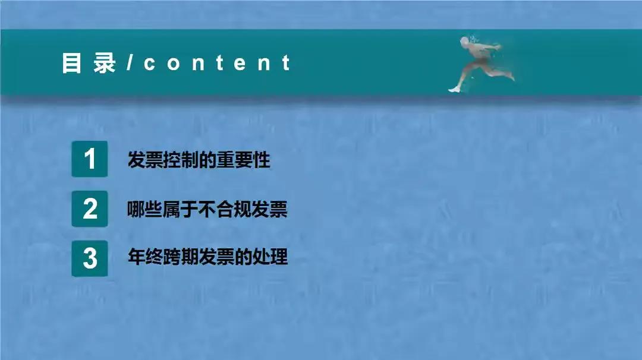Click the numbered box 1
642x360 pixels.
tap(90, 159)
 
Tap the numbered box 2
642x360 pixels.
tap(90, 209)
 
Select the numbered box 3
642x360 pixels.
tap(90, 258)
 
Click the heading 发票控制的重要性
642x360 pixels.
tap(199, 160)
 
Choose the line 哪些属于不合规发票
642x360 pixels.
tap(207, 209)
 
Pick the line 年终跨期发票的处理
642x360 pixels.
tap(207, 258)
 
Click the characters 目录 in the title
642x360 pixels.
tap(89, 63)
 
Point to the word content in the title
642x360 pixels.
tap(217, 63)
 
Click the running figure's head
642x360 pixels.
tap(464, 42)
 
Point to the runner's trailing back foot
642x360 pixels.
tap(454, 89)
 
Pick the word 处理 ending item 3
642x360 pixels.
tap(272, 258)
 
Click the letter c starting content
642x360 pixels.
tap(149, 64)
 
